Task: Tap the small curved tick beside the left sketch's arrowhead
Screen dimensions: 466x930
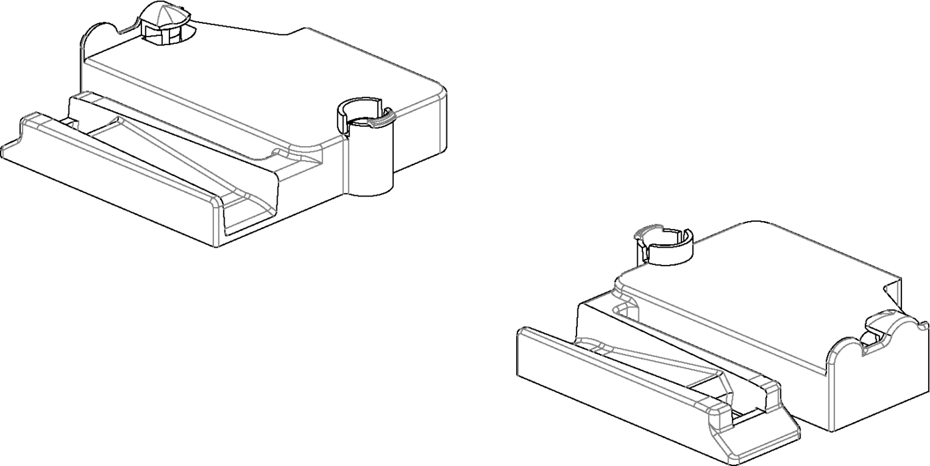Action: pos(130,27)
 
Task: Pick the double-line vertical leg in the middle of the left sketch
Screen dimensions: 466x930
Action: pos(345,166)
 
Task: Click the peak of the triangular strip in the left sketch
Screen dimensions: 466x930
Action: pos(118,120)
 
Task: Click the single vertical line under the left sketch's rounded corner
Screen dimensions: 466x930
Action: pos(440,126)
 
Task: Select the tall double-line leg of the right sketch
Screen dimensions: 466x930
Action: pos(830,398)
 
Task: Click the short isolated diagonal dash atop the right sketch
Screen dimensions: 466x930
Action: pos(717,233)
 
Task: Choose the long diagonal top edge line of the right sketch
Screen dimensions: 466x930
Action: pos(834,250)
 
